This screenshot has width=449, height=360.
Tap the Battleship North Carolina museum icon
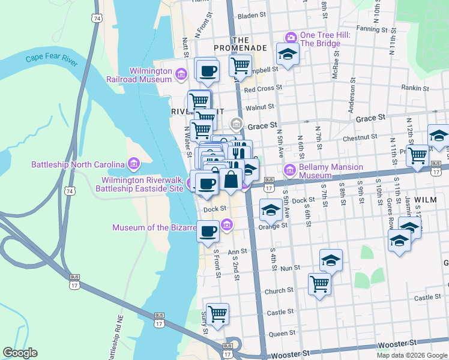coord(133,164)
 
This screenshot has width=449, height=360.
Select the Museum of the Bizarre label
coord(154,227)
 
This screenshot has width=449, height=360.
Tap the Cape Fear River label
coord(52,59)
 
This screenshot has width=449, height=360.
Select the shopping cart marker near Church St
coord(320,283)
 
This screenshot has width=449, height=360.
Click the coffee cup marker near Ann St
coord(208,231)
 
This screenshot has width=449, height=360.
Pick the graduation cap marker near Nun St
coord(331,260)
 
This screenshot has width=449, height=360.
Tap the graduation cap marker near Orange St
coord(271,210)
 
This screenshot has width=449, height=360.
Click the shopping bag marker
coord(231,178)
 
